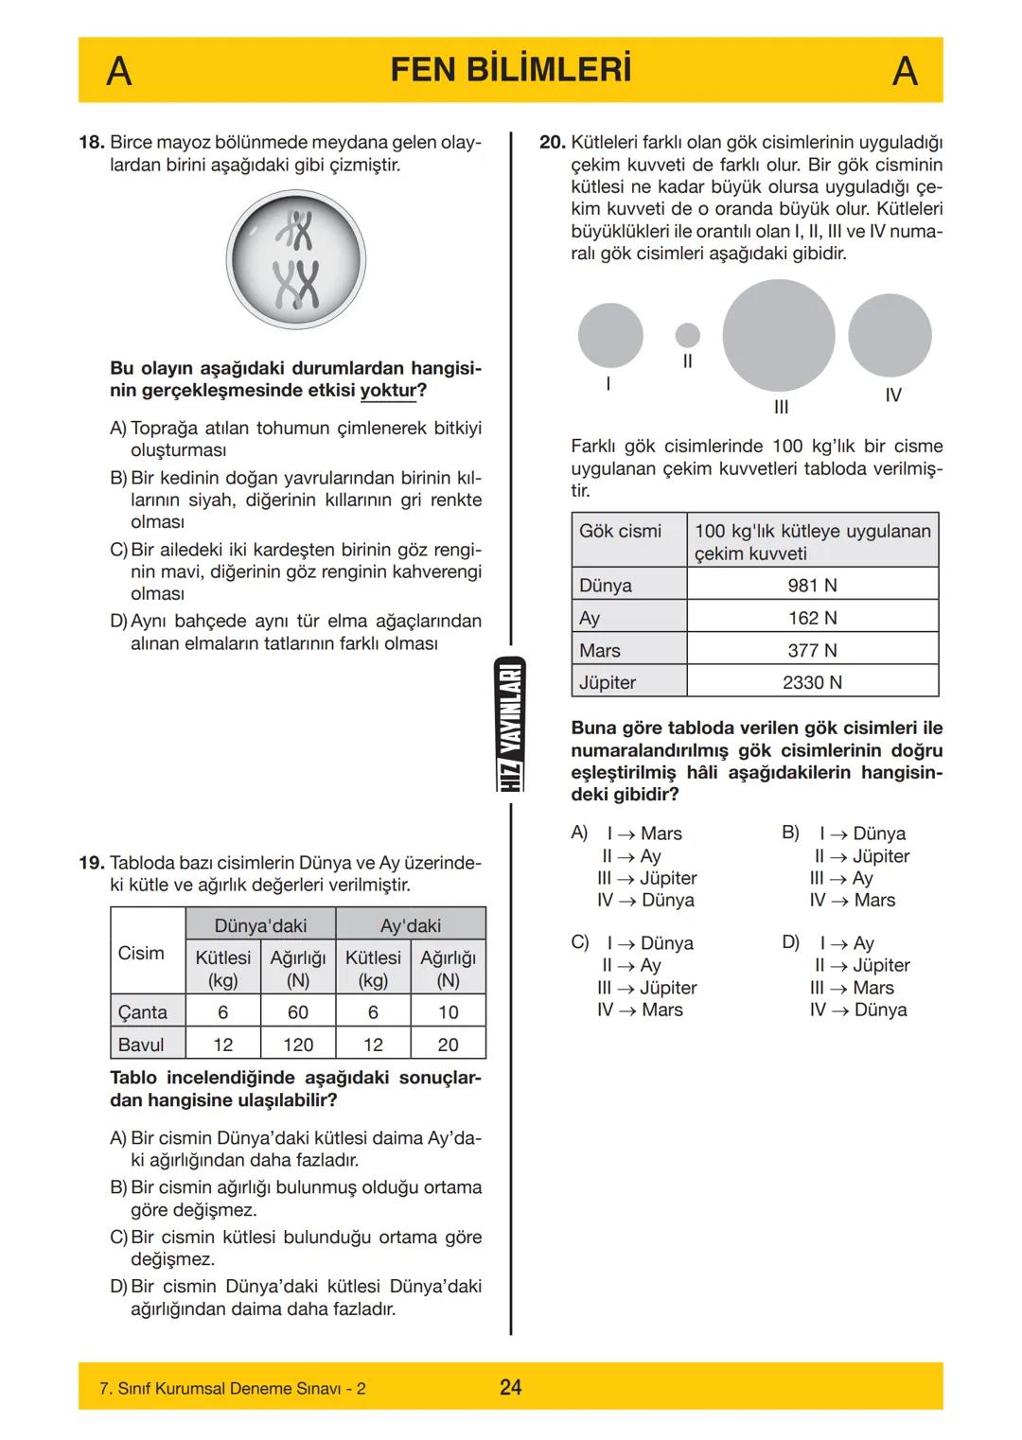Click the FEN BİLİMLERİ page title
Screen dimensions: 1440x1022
510,71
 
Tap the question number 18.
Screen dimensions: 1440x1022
91,143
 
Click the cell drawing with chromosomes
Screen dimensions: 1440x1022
296,260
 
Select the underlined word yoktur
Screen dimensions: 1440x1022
388,391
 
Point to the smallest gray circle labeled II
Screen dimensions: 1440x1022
688,335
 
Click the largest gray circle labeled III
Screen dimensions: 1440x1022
778,335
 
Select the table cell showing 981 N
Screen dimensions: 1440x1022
812,586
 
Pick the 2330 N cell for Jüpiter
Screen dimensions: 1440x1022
812,682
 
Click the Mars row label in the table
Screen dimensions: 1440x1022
600,651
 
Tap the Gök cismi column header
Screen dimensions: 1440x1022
621,532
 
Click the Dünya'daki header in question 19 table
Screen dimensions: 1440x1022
260,925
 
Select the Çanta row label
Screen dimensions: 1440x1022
143,1012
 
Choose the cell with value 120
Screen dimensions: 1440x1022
298,1045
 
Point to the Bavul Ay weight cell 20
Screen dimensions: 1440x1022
448,1045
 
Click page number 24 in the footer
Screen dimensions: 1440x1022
510,1387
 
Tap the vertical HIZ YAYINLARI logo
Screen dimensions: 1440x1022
511,724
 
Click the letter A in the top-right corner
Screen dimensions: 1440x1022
905,72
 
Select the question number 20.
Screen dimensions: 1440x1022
552,143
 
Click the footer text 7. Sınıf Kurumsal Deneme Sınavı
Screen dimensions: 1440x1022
232,1389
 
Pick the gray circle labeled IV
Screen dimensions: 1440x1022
890,335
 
